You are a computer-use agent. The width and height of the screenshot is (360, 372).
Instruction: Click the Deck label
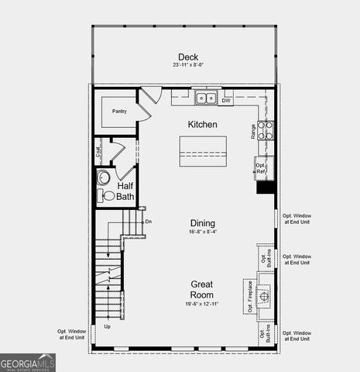pos(188,57)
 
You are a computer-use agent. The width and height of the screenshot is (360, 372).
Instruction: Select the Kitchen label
pos(202,124)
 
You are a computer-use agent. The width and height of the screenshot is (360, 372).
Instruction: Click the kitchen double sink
pos(205,98)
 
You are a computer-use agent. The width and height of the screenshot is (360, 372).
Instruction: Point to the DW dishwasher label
pos(226,101)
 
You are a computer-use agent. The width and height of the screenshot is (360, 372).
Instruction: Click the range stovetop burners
pos(265,130)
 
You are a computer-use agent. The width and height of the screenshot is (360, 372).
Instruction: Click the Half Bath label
pos(125,191)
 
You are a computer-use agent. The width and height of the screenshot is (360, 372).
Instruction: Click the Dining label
pos(203,223)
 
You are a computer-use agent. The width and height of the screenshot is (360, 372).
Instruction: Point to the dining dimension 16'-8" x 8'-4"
pos(203,232)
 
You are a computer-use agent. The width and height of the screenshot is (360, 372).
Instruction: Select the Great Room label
pos(202,289)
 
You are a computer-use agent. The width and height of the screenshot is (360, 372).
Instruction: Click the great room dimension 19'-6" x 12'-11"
pos(202,304)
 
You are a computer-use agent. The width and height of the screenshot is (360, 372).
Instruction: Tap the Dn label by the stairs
pos(149,222)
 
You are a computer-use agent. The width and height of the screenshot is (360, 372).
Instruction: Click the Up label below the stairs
pos(107,326)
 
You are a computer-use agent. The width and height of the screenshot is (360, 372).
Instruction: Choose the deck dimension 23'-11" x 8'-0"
pos(188,65)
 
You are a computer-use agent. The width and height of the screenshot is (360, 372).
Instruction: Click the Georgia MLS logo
pos(28,362)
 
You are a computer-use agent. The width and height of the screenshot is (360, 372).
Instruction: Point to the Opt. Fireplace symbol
pos(264,295)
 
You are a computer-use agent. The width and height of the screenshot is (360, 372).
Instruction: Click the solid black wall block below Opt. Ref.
pos(265,188)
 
